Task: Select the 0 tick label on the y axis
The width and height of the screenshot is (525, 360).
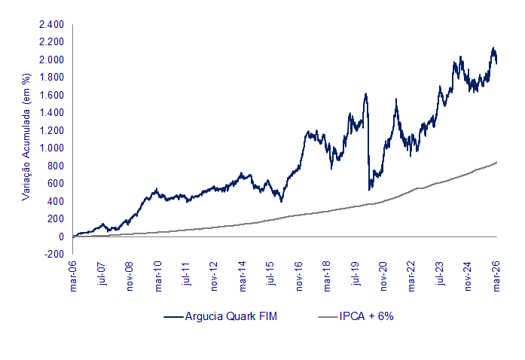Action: [x=60, y=236]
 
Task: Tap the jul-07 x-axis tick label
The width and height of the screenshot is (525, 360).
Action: [x=102, y=275]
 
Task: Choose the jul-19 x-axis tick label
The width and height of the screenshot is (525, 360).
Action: [x=356, y=275]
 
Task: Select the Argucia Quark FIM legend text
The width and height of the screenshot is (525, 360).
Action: [x=231, y=316]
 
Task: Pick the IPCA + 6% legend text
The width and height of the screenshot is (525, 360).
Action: [x=366, y=316]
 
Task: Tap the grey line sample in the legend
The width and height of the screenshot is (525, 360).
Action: [x=322, y=316]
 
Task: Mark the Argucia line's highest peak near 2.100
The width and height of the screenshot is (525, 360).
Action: [x=493, y=48]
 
